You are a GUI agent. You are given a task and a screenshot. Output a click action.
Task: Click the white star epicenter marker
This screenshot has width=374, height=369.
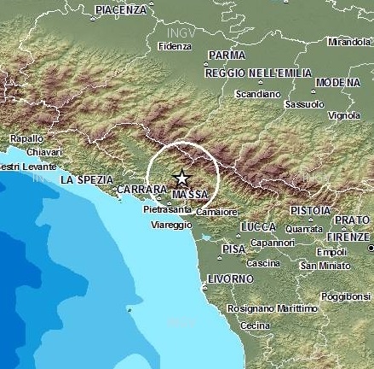click(181, 178)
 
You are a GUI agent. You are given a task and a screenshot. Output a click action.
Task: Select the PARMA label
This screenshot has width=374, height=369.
click(226, 55)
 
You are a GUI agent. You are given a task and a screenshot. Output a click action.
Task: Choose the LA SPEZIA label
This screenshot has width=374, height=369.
click(86, 179)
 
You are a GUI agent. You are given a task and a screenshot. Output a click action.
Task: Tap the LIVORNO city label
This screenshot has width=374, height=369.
click(229, 278)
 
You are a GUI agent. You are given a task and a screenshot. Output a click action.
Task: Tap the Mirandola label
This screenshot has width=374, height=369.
click(349, 41)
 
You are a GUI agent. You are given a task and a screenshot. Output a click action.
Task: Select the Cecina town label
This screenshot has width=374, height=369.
click(256, 325)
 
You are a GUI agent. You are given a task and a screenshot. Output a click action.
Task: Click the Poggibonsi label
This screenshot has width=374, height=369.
click(346, 296)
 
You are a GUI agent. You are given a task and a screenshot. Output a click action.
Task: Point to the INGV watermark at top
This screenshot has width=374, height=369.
click(172, 32)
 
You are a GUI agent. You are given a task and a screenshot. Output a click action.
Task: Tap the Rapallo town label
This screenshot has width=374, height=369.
click(26, 138)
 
